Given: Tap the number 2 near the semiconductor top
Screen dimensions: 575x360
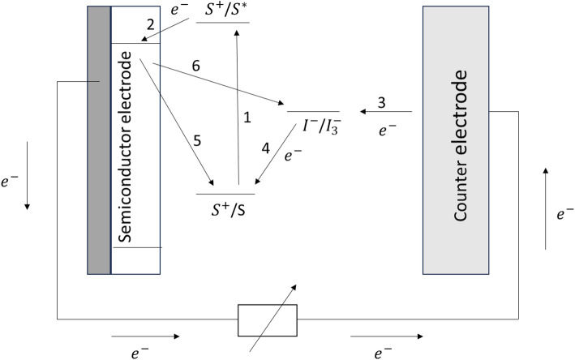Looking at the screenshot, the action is coord(149,25).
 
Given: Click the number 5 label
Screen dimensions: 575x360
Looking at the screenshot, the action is coord(196,139).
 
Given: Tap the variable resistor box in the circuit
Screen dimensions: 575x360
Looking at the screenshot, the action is coord(267,319).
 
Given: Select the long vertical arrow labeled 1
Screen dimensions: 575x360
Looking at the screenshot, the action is coord(237,105).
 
